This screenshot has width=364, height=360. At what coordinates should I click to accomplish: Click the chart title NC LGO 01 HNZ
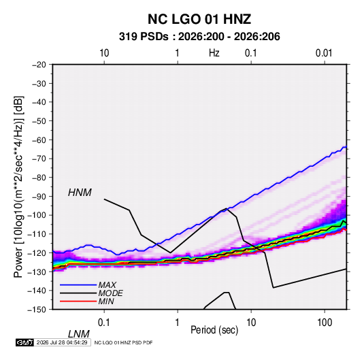click(x=199, y=19)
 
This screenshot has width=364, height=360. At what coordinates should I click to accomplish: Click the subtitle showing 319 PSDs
click(x=199, y=37)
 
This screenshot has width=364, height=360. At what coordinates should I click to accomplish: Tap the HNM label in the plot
click(x=80, y=193)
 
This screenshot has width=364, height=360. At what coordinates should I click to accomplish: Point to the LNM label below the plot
click(x=78, y=334)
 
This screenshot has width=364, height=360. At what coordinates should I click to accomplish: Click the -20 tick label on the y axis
click(x=39, y=65)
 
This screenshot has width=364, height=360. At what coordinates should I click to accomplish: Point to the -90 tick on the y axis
click(x=39, y=196)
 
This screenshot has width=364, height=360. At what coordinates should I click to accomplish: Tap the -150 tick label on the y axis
click(x=37, y=310)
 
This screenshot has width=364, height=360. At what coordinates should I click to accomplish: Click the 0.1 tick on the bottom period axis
click(x=103, y=323)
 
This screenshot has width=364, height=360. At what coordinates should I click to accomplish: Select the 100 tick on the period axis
click(x=325, y=323)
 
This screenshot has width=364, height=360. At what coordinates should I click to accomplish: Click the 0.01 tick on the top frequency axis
click(x=324, y=53)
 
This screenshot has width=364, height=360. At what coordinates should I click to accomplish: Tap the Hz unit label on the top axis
click(x=214, y=53)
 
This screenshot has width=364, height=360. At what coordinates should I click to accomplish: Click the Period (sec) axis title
click(x=214, y=330)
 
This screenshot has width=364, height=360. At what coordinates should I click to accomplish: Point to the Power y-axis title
click(x=18, y=187)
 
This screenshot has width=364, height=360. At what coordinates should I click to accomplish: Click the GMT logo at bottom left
click(x=25, y=342)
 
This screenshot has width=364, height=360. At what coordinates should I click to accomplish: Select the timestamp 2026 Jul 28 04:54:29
click(x=62, y=342)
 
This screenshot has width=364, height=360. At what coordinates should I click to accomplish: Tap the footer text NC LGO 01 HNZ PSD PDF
click(x=124, y=342)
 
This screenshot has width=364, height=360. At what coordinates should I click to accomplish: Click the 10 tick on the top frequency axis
click(x=104, y=53)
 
